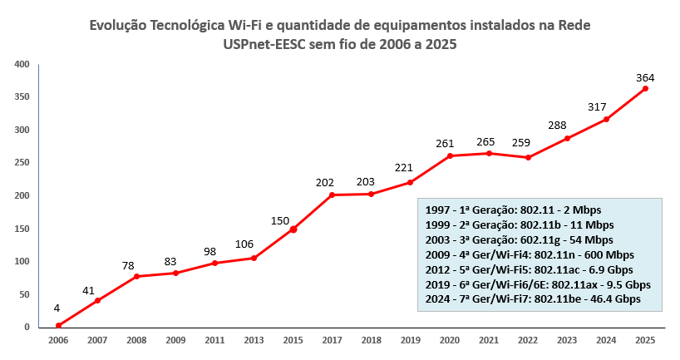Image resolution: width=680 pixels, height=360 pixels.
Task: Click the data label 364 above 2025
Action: click(645, 77)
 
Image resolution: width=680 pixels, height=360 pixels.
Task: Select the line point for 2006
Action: click(58, 325)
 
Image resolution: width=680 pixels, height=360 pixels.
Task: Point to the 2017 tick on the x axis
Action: click(333, 340)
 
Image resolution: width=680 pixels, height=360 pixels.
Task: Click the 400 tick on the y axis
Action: click(22, 64)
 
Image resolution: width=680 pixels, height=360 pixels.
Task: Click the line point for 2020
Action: click(450, 155)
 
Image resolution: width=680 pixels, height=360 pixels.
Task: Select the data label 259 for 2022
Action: click(521, 142)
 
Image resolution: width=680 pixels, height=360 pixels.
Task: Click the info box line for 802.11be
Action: click(532, 298)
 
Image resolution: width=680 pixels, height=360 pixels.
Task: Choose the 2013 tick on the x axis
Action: click(254, 340)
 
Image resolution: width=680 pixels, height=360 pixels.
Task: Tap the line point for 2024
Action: click(606, 119)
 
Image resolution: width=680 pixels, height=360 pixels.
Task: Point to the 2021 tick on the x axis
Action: click(489, 340)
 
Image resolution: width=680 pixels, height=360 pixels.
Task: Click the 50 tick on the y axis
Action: click(25, 294)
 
